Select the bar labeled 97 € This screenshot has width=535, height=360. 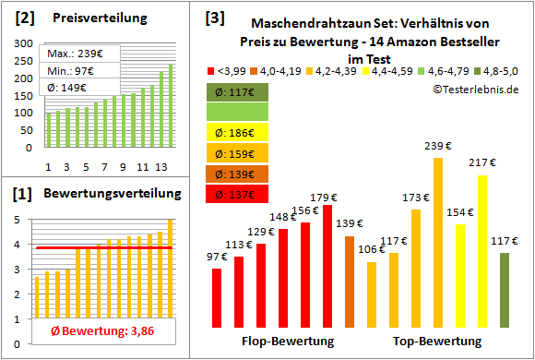click(217, 297)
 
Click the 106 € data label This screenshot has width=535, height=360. click(371, 249)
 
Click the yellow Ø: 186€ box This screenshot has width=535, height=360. click(237, 133)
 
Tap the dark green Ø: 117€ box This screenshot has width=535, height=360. click(237, 92)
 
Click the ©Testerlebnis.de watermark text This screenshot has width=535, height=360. click(475, 90)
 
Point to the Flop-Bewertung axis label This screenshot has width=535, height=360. click(288, 342)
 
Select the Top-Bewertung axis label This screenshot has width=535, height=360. click(437, 342)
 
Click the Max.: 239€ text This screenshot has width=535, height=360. click(76, 54)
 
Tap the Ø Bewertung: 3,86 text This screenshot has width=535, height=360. click(91, 331)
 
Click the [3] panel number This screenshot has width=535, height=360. click(213, 17)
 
